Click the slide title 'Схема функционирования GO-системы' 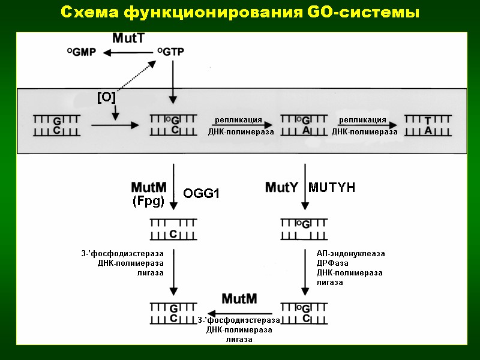click(x=240, y=12)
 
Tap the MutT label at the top click(x=128, y=38)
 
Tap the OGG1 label click(x=202, y=193)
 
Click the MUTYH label click(x=332, y=188)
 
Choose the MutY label click(x=281, y=188)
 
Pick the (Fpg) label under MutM click(x=148, y=202)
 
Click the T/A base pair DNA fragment click(x=428, y=125)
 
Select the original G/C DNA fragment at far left click(x=56, y=125)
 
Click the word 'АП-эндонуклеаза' click(x=350, y=254)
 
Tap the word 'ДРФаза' click(x=332, y=263)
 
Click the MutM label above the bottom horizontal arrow click(x=239, y=299)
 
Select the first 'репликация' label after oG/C click(x=239, y=121)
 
